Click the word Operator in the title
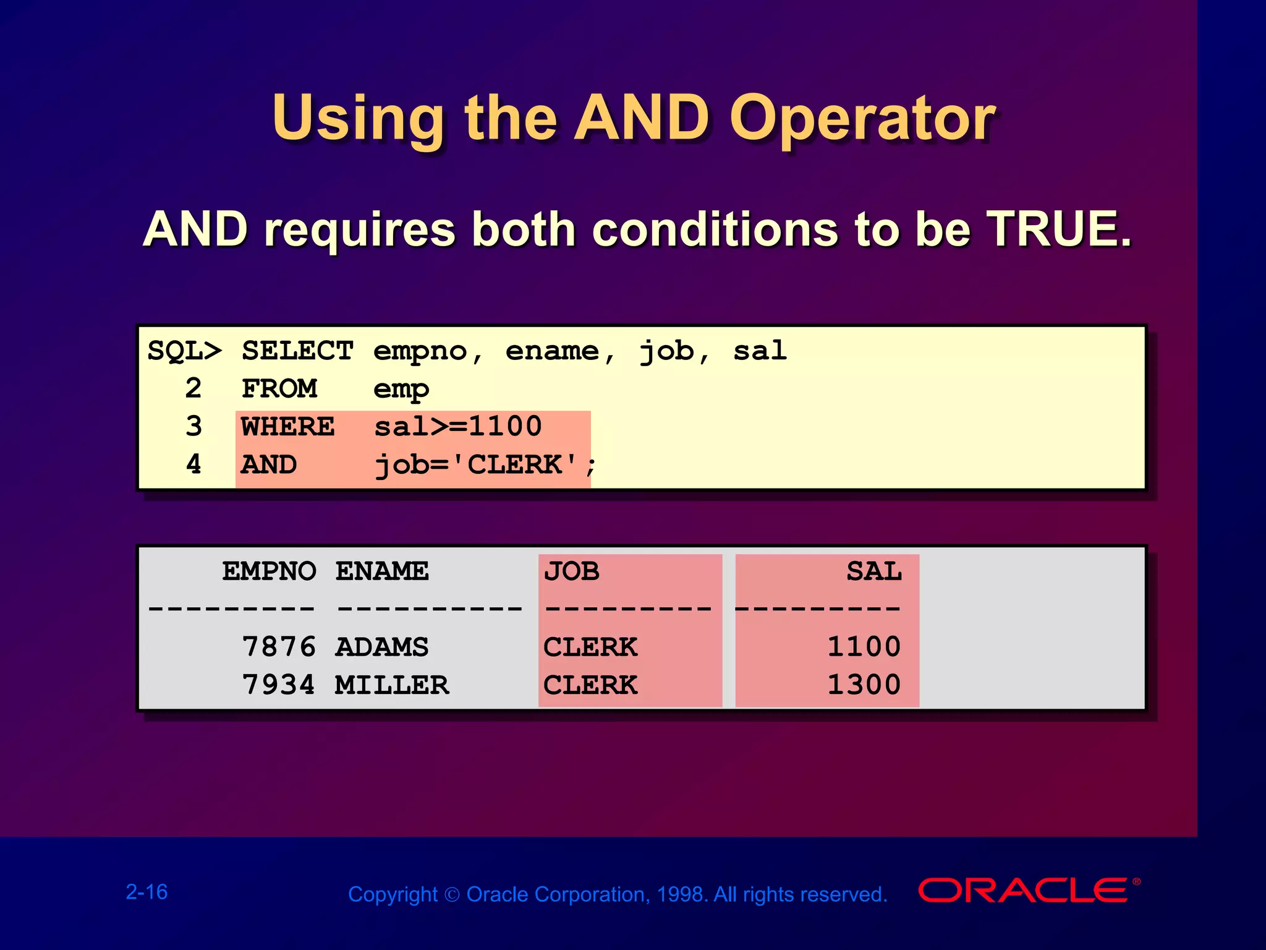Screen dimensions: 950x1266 pyautogui.click(x=862, y=119)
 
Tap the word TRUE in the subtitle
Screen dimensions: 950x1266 pyautogui.click(x=1058, y=229)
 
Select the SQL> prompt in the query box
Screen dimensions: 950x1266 pyautogui.click(x=184, y=351)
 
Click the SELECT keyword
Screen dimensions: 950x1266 pyautogui.click(x=297, y=351)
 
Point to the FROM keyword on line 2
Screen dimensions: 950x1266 pyautogui.click(x=279, y=389)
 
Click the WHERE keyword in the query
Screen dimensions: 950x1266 pyautogui.click(x=288, y=427)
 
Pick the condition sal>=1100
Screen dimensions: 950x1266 pyautogui.click(x=458, y=427)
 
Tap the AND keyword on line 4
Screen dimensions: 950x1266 pyautogui.click(x=269, y=464)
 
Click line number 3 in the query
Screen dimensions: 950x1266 pyautogui.click(x=193, y=427)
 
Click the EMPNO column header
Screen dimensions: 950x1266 pyautogui.click(x=269, y=571)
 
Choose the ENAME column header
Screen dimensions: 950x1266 pyautogui.click(x=381, y=571)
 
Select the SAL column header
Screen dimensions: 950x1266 pyautogui.click(x=873, y=571)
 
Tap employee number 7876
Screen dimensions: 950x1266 pyautogui.click(x=279, y=647)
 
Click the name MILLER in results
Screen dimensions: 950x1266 pyautogui.click(x=392, y=685)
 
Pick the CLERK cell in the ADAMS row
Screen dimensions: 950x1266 pyautogui.click(x=590, y=647)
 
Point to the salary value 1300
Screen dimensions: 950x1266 pyautogui.click(x=864, y=685)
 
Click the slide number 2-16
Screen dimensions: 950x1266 pyautogui.click(x=147, y=892)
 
